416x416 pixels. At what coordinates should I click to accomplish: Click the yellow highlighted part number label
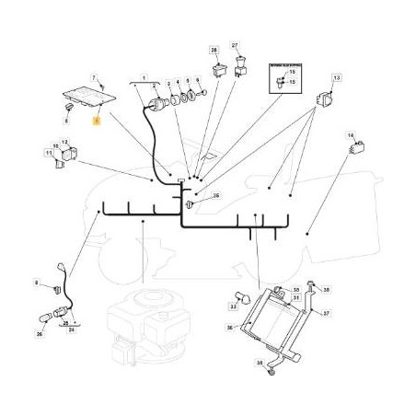click(x=98, y=119)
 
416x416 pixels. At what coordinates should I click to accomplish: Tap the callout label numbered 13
click(x=336, y=80)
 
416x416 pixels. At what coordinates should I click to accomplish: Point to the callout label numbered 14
click(x=350, y=135)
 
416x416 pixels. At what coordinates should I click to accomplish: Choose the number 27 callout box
click(x=235, y=45)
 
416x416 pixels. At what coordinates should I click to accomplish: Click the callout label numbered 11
click(x=49, y=150)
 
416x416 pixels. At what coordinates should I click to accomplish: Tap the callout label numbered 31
click(x=296, y=298)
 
